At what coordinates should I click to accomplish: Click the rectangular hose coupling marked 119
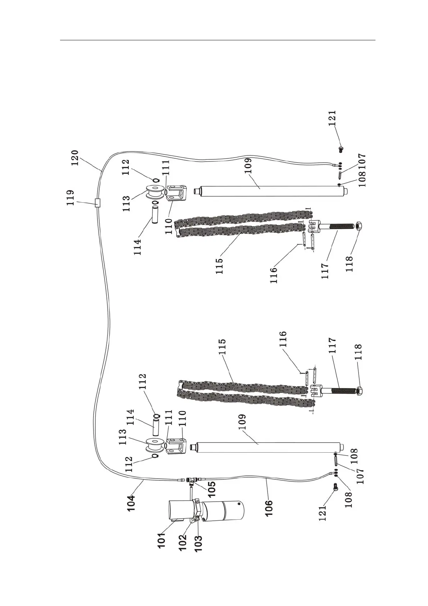(96, 203)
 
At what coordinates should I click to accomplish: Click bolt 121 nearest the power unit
(335, 487)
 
